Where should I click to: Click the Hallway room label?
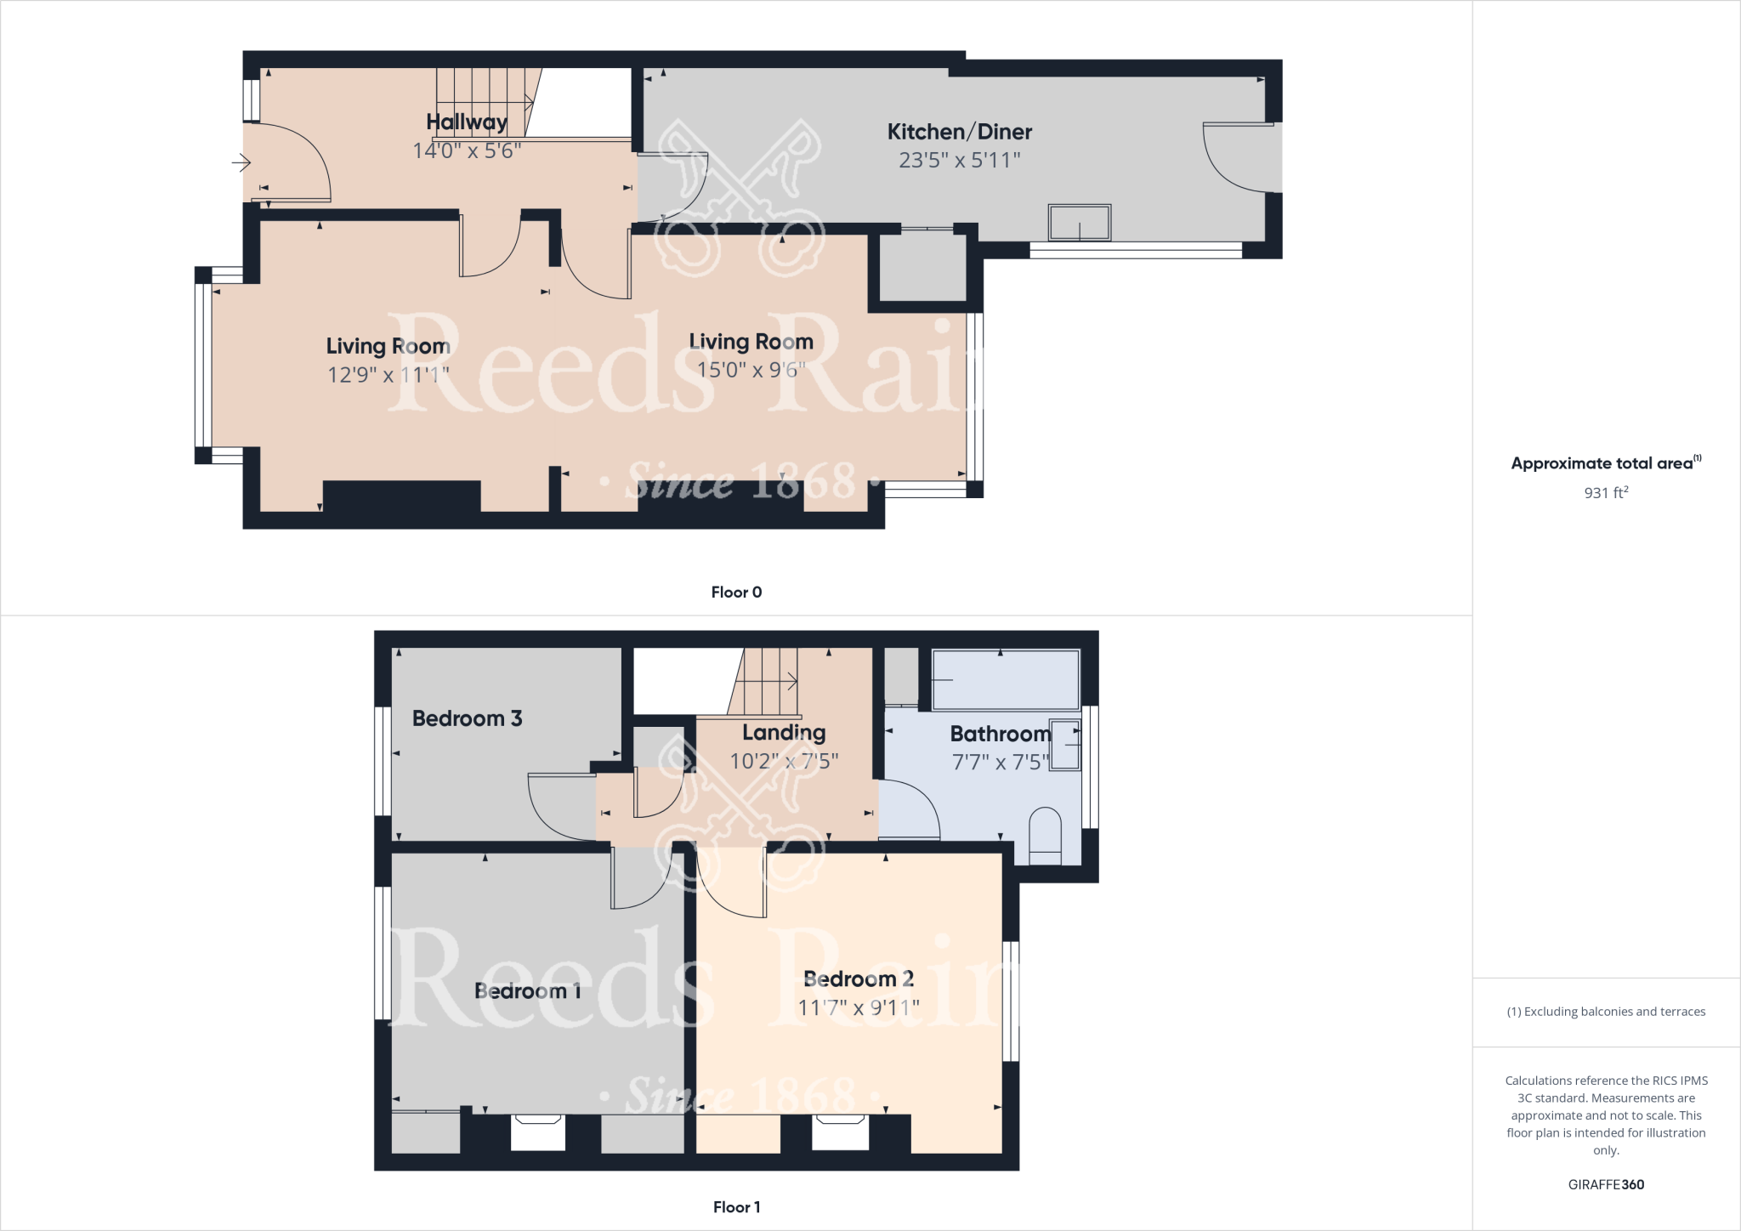point(467,122)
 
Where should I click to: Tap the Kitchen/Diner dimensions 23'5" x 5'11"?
point(960,160)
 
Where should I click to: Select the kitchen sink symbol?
point(1080,223)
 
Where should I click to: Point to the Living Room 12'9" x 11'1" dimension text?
point(388,374)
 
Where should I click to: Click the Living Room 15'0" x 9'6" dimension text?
point(751,370)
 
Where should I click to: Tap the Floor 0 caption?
point(736,593)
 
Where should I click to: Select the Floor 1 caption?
point(736,1206)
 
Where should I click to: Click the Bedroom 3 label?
point(467,718)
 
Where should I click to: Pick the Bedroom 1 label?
point(527,991)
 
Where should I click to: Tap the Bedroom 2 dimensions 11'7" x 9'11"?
point(859,1007)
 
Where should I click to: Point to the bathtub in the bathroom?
point(1006,680)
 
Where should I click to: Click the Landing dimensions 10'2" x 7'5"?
point(784,761)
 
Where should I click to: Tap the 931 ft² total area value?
point(1606,492)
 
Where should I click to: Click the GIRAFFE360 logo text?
point(1606,1184)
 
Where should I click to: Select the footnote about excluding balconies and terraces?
point(1606,1012)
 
